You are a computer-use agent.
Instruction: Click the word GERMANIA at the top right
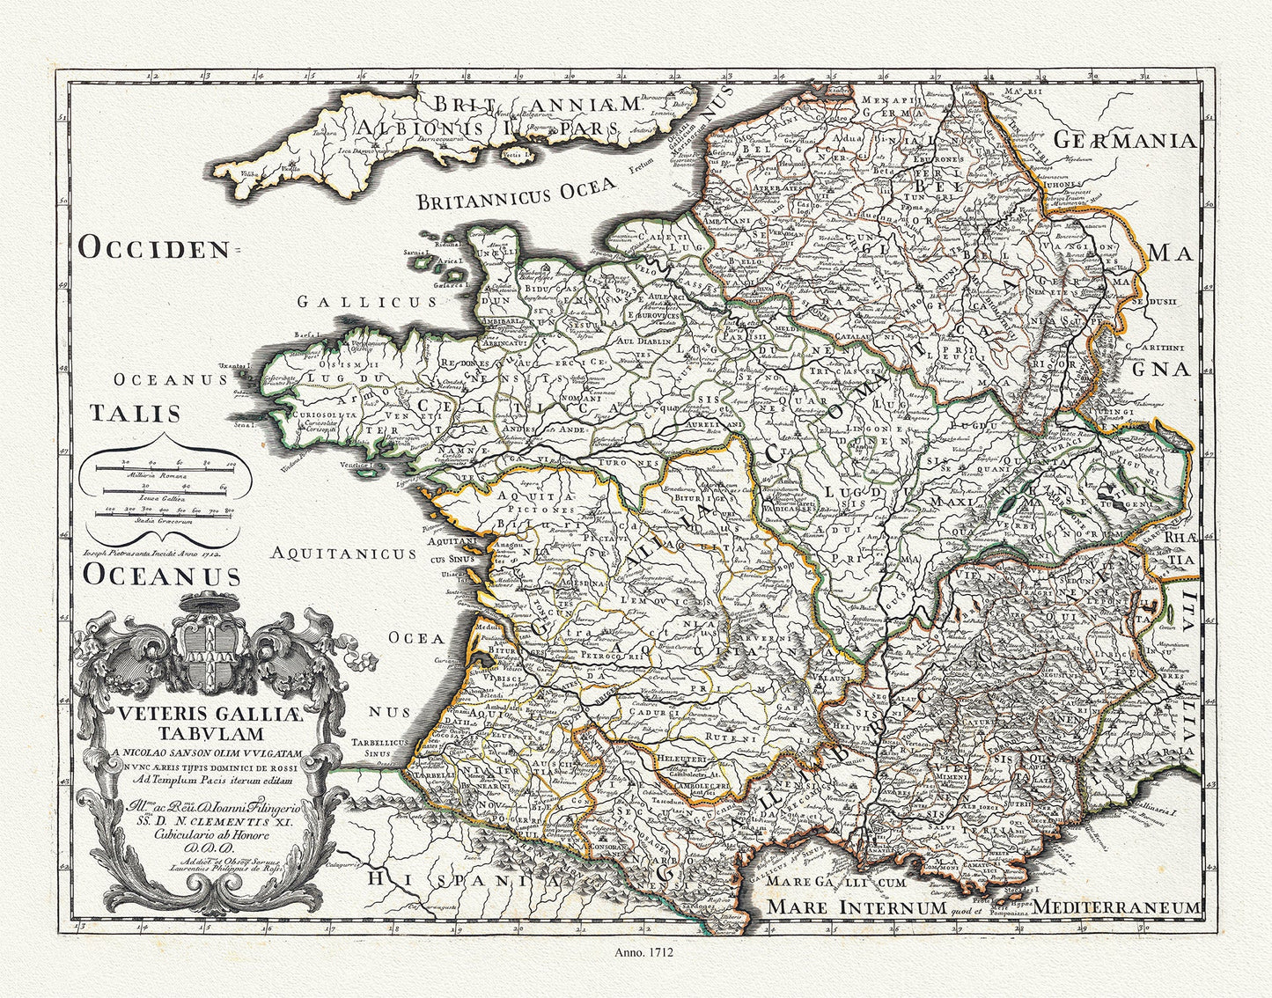pyautogui.click(x=1124, y=141)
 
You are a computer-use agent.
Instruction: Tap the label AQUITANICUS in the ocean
pyautogui.click(x=343, y=554)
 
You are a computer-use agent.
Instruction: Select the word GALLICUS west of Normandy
pyautogui.click(x=366, y=302)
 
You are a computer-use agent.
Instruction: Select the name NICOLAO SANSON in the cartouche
pyautogui.click(x=176, y=752)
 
